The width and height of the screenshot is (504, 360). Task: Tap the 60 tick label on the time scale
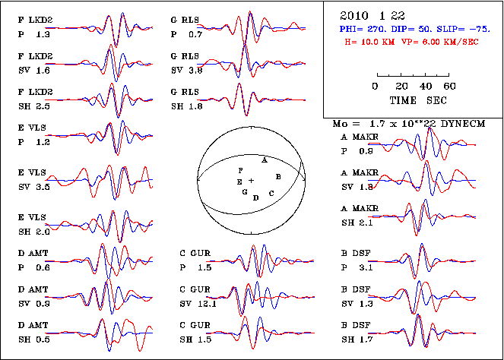pyautogui.click(x=450, y=86)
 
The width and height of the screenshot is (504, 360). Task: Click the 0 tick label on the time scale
pyautogui.click(x=375, y=86)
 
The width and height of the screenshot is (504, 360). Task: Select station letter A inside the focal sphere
pyautogui.click(x=264, y=160)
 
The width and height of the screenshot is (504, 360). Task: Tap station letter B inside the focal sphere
pyautogui.click(x=279, y=176)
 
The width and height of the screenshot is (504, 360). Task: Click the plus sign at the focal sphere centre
pyautogui.click(x=251, y=179)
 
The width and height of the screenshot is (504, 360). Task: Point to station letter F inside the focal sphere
pyautogui.click(x=240, y=170)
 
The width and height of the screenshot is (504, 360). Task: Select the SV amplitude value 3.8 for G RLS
pyautogui.click(x=195, y=70)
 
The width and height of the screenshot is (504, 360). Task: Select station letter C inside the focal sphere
pyautogui.click(x=271, y=194)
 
